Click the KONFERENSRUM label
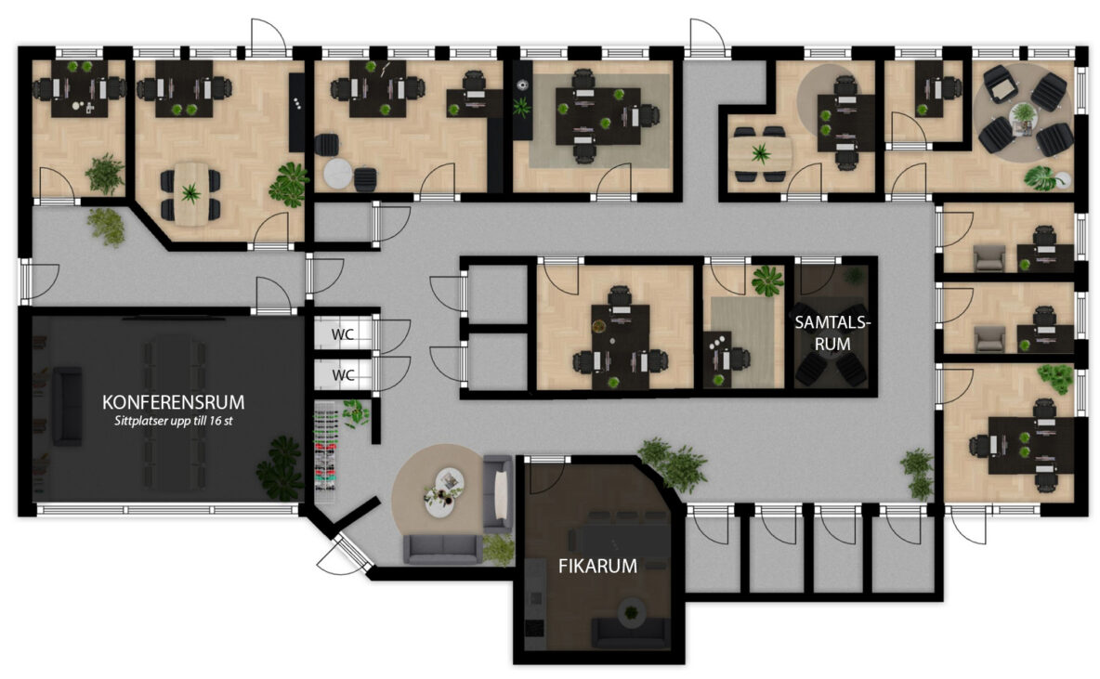point(174,402)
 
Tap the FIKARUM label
point(597,566)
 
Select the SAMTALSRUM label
point(832,333)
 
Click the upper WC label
point(342,334)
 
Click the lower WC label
point(342,375)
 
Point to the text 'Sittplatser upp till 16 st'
point(174,422)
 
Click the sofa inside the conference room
point(67,407)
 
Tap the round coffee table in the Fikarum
point(632,612)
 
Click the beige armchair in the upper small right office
point(989,257)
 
